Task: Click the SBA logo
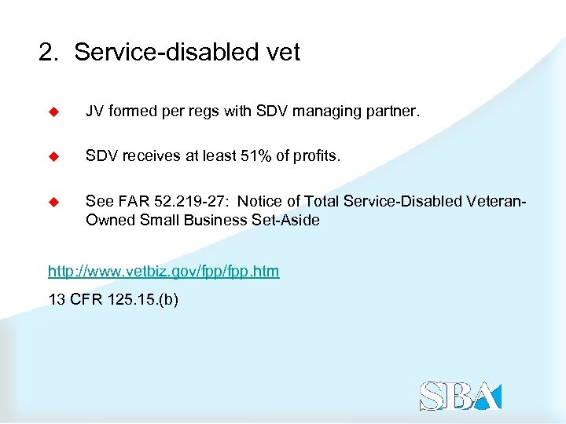tap(459, 395)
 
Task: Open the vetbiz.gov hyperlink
tap(164, 272)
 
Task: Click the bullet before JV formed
tap(54, 113)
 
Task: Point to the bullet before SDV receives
tap(54, 157)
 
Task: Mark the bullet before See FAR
tap(54, 202)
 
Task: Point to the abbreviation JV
tap(94, 113)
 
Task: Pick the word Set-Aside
tap(286, 221)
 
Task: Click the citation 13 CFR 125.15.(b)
tap(113, 298)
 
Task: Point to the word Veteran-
tap(495, 202)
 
